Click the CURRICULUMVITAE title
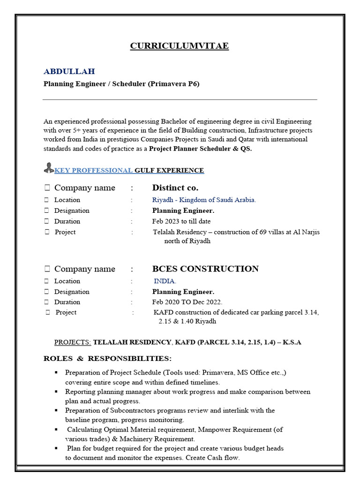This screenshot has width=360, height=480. pos(179,46)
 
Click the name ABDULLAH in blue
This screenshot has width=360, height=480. pos(69,71)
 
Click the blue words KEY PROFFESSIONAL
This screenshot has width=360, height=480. pos(94,170)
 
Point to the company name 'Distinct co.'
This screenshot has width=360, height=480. pos(175,188)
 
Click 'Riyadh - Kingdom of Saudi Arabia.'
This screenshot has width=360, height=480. pos(204,200)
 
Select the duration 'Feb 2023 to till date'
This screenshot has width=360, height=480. pos(181,221)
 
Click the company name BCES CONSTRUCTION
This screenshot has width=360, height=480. pos(205,269)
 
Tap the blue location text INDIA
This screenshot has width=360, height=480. pos(165,281)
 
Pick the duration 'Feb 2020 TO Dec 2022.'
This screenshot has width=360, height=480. pos(187,302)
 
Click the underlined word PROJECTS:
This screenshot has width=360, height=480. pos(73,342)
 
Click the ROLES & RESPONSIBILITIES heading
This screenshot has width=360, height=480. pos(108,359)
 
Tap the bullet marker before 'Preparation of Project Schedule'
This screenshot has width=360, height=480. pos(56,373)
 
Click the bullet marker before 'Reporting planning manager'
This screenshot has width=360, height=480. pos(56,391)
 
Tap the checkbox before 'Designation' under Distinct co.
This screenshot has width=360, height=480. pos(47,210)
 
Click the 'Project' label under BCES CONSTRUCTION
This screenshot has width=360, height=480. pos(66,313)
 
